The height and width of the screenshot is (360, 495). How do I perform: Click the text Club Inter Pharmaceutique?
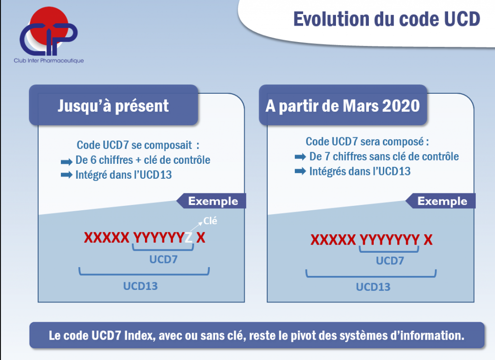49,60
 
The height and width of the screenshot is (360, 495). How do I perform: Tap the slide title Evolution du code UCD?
387,19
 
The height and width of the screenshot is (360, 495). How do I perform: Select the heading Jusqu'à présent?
113,106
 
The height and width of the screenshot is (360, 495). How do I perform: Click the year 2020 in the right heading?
401,106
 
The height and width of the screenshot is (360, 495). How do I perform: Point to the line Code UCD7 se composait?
138,145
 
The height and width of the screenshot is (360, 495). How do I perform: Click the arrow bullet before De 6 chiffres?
67,162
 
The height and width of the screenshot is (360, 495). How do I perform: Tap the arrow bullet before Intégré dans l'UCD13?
67,174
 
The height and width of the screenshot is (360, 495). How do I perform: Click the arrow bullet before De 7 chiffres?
300,157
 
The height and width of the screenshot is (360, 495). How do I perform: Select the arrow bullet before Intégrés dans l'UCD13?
300,171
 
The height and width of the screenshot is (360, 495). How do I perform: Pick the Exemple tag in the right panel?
440,201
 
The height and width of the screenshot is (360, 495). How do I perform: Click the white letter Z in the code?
189,238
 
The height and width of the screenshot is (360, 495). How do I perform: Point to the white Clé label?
210,221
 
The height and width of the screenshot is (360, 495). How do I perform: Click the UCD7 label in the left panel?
163,259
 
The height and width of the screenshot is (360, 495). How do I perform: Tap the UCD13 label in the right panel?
373,287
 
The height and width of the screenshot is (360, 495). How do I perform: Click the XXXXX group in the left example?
107,238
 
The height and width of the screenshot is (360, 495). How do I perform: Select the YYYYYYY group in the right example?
390,240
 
